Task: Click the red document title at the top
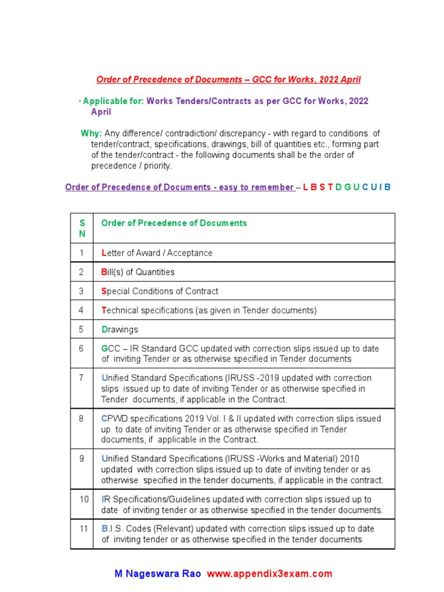tap(228, 79)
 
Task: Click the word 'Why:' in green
tap(91, 134)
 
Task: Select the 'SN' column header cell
tap(82, 228)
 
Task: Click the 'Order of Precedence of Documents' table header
tap(174, 223)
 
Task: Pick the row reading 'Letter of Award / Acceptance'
tap(157, 253)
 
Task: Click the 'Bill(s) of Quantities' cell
tap(138, 272)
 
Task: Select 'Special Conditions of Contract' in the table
tap(160, 291)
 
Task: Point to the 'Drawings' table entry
tap(120, 330)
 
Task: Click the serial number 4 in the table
tap(82, 310)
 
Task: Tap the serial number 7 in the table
tap(82, 378)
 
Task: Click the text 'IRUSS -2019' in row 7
tap(249, 378)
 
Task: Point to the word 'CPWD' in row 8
tap(114, 418)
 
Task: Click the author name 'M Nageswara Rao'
tap(158, 573)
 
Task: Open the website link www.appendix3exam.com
tap(269, 573)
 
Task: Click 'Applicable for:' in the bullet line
tap(113, 101)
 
